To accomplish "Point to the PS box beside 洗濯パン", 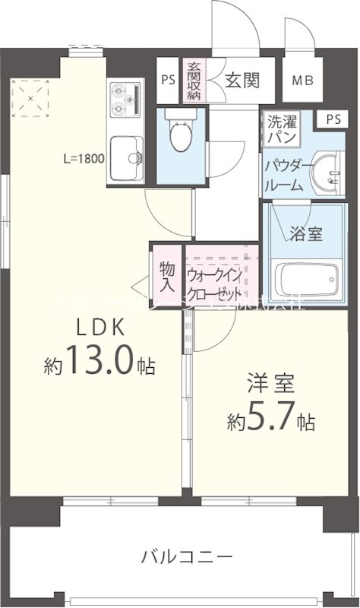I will tap(332, 119).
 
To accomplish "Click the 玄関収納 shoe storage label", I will tap(194, 81).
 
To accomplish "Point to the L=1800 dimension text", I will tap(84, 160).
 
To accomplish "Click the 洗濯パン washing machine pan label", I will tap(280, 128).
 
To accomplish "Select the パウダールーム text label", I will tap(283, 176).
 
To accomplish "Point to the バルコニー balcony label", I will tap(186, 558).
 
